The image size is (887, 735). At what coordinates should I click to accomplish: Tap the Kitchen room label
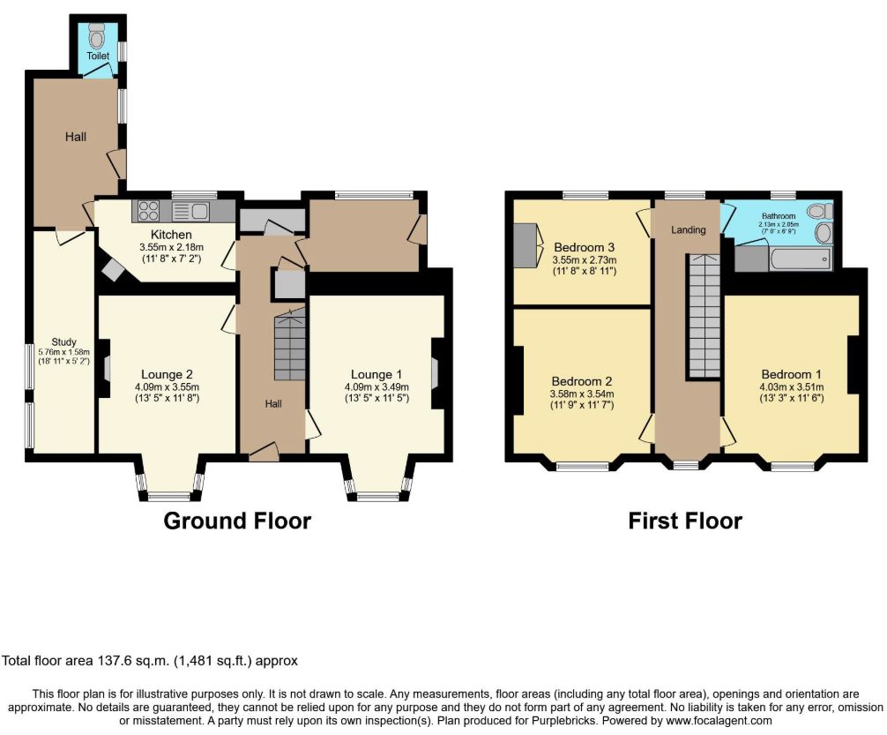pyautogui.click(x=171, y=235)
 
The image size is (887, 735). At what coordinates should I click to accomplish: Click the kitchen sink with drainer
pyautogui.click(x=190, y=211)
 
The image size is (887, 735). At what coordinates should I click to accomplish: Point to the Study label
pyautogui.click(x=63, y=342)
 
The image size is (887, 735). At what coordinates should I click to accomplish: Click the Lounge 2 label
pyautogui.click(x=167, y=374)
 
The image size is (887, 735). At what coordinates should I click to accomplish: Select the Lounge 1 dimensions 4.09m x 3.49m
pyautogui.click(x=376, y=387)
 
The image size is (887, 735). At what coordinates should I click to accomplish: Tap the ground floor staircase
pyautogui.click(x=289, y=344)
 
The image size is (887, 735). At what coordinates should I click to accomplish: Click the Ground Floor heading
pyautogui.click(x=237, y=521)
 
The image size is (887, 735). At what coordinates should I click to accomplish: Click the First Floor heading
pyautogui.click(x=685, y=521)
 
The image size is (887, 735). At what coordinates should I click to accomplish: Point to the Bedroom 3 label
pyautogui.click(x=585, y=247)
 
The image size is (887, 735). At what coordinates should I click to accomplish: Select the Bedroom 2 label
pyautogui.click(x=582, y=382)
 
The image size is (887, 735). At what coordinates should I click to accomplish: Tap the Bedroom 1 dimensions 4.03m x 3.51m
pyautogui.click(x=792, y=387)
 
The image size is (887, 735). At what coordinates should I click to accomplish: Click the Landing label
pyautogui.click(x=689, y=230)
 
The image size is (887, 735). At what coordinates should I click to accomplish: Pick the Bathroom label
pyautogui.click(x=779, y=216)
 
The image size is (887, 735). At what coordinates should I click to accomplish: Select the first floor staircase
pyautogui.click(x=704, y=316)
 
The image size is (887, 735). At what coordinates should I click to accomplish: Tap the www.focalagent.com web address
pyautogui.click(x=719, y=721)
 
